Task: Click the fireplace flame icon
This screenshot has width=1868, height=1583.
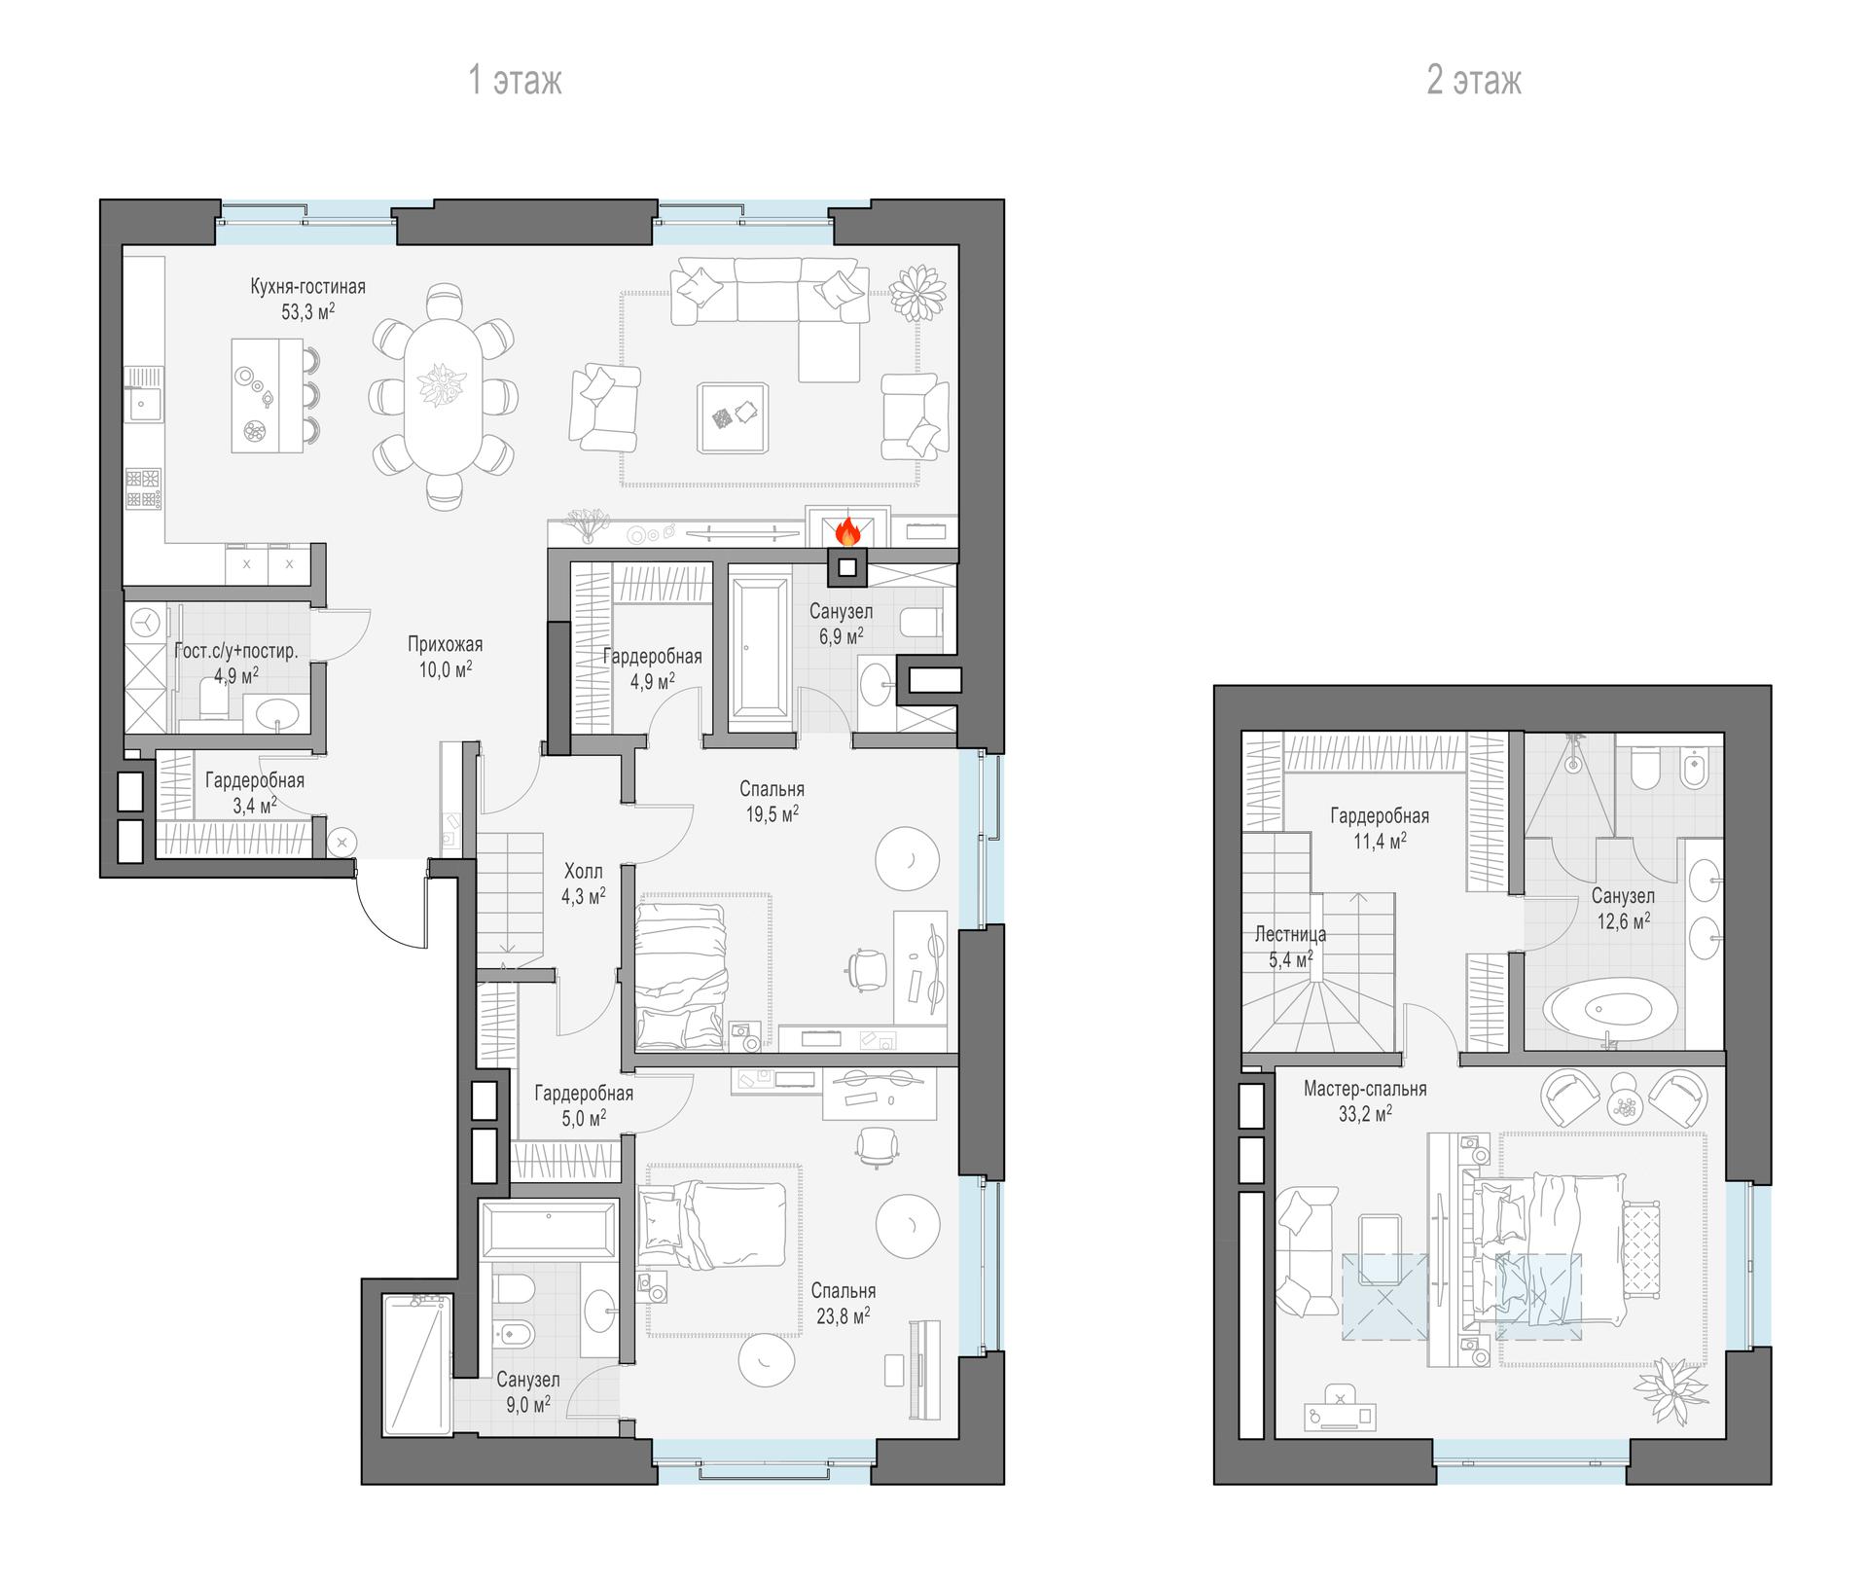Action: tap(847, 531)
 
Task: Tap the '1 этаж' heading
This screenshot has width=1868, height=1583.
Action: tap(515, 80)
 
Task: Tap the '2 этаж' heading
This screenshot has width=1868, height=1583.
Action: tap(1473, 80)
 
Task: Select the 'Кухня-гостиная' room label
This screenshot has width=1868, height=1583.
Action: tap(307, 287)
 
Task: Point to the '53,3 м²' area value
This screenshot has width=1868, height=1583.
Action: tap(307, 311)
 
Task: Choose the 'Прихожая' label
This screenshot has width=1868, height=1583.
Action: tap(445, 644)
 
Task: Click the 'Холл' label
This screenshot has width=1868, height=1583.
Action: tap(584, 872)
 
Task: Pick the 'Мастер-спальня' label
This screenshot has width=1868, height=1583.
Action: tap(1365, 1089)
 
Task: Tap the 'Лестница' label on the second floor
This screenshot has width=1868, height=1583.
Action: tap(1290, 935)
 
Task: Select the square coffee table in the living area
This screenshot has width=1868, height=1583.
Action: tap(735, 417)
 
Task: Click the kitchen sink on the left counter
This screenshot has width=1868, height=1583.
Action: tap(144, 401)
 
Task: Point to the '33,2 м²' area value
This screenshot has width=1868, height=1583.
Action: tap(1365, 1114)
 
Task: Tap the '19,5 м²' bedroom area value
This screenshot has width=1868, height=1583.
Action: tap(772, 814)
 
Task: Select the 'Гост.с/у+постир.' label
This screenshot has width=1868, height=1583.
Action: tap(236, 651)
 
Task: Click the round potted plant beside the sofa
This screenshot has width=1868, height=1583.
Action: tap(918, 292)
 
